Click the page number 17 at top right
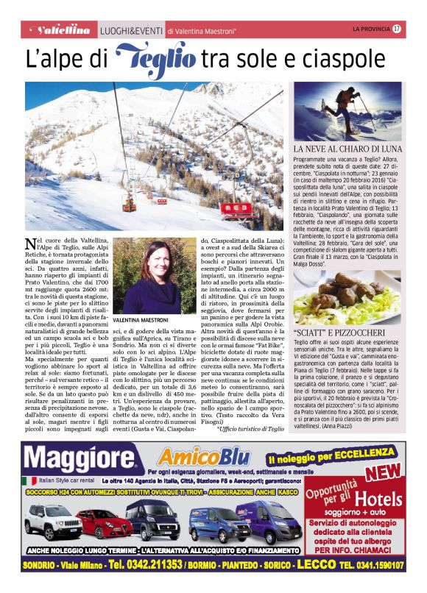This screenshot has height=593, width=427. (397, 29)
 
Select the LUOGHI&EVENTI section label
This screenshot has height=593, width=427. (131, 30)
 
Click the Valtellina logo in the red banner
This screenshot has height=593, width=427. (63, 30)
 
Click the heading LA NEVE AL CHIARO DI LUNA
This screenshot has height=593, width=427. (347, 149)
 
